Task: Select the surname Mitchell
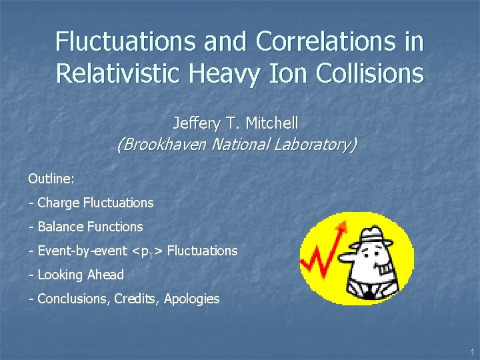pyautogui.click(x=271, y=123)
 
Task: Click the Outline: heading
pyautogui.click(x=51, y=179)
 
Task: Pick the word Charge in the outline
pyautogui.click(x=59, y=203)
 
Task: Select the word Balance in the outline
pyautogui.click(x=61, y=227)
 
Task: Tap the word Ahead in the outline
pyautogui.click(x=107, y=275)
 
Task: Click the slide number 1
pyautogui.click(x=471, y=351)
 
